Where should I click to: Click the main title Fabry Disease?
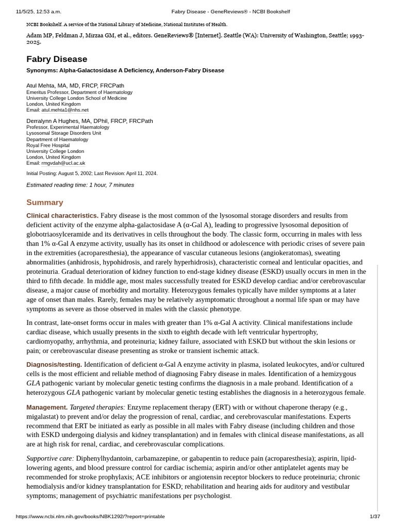pyautogui.click(x=57, y=59)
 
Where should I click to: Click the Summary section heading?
pyautogui.click(x=45, y=202)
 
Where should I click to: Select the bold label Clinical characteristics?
pyautogui.click(x=62, y=215)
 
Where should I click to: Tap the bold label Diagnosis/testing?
pyautogui.click(x=54, y=365)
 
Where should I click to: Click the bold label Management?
pyautogui.click(x=47, y=407)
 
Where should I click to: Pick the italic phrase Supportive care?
pyautogui.click(x=50, y=458)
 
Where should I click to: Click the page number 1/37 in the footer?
pyautogui.click(x=374, y=516)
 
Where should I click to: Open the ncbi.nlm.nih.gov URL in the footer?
pyautogui.click(x=90, y=516)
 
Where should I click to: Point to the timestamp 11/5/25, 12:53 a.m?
pyautogui.click(x=39, y=11)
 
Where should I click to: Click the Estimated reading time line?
pyautogui.click(x=80, y=185)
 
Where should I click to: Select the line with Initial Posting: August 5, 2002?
pyautogui.click(x=92, y=174)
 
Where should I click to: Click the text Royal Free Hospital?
pyautogui.click(x=48, y=145)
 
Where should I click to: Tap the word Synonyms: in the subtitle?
pyautogui.click(x=42, y=70)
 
